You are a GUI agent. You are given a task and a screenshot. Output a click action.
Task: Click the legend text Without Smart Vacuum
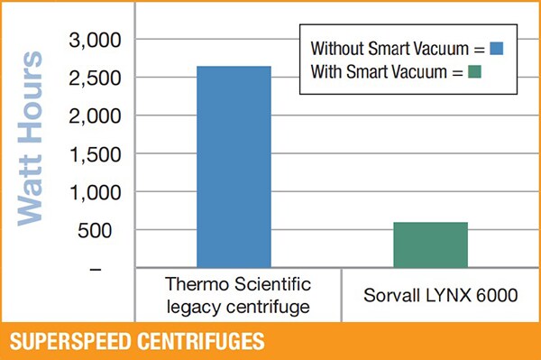tap(388, 48)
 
